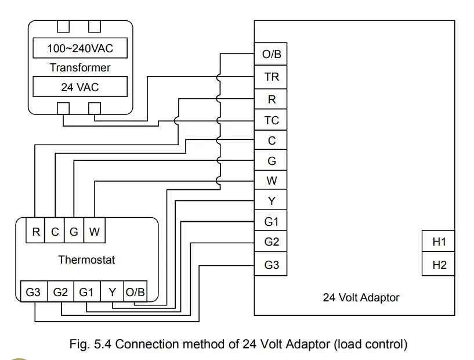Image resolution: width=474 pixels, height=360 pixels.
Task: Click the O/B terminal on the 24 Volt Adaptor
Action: pos(271,55)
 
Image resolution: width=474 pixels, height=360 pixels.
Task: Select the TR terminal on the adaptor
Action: pos(271,77)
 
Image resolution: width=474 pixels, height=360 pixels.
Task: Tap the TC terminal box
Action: pos(271,120)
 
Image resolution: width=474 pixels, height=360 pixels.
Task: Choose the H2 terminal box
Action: pos(439,265)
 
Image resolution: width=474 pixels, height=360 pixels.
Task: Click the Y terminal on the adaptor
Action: pos(271,201)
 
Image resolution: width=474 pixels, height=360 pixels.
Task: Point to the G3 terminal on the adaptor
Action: pos(271,265)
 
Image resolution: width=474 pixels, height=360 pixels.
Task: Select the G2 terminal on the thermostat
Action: pos(60,292)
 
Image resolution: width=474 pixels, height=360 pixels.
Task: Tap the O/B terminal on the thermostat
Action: pos(135,292)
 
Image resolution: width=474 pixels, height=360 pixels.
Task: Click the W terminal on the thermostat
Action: pos(95,232)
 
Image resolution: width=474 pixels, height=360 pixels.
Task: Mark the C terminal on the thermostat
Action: pos(55,232)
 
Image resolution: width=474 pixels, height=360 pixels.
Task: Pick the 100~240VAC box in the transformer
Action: pos(80,48)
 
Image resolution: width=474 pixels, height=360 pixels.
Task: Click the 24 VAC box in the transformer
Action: pos(80,87)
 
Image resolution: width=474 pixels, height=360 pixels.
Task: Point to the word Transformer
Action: pos(80,67)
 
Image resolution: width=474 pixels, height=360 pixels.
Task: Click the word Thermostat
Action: pos(86,260)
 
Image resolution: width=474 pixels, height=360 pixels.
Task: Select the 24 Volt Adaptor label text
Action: pos(361,297)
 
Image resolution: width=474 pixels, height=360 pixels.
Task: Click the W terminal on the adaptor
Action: pos(271,181)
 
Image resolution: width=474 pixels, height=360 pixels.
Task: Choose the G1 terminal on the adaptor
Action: pos(271,222)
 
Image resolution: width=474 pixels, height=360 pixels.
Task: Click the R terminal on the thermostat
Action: pos(36,232)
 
